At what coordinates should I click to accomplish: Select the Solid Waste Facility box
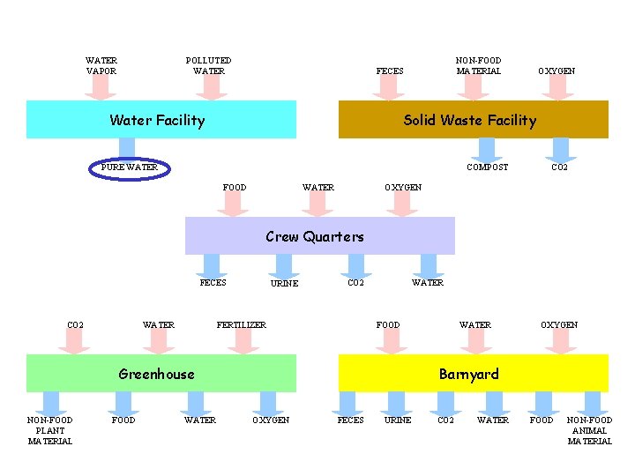[x=473, y=120]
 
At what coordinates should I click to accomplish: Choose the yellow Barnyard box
[x=473, y=374]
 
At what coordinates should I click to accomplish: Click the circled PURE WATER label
[x=130, y=167]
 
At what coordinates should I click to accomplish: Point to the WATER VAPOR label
[x=101, y=66]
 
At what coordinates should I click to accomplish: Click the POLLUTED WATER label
[x=209, y=66]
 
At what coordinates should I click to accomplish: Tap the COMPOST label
[x=487, y=167]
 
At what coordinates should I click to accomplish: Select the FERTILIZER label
[x=242, y=325]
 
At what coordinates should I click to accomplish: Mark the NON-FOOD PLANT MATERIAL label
[x=50, y=430]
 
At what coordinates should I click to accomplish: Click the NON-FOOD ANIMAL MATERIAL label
[x=589, y=430]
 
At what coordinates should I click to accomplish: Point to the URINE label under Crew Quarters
[x=284, y=284]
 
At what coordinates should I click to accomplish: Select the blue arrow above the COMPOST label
[x=488, y=149]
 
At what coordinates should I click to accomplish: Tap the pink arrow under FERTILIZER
[x=243, y=342]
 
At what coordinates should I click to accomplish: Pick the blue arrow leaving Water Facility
[x=127, y=149]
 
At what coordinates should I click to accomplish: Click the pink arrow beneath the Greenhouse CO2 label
[x=75, y=342]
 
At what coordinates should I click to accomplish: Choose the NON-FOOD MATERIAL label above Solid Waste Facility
[x=478, y=66]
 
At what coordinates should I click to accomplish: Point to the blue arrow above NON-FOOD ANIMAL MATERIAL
[x=589, y=403]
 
